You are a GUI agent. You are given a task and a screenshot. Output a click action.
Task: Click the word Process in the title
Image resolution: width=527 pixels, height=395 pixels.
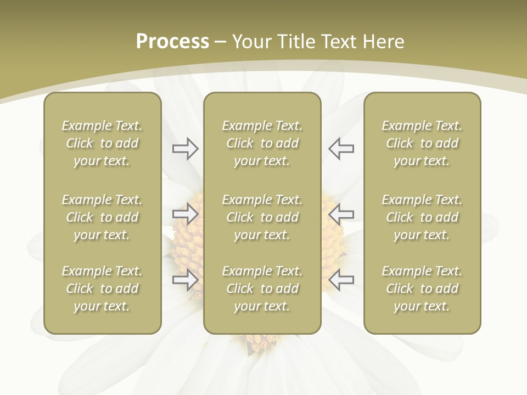172,42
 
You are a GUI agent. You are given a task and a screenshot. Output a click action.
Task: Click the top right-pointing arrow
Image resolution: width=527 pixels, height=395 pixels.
185,149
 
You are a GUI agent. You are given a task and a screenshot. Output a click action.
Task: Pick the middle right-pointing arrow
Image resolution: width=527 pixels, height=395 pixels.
185,213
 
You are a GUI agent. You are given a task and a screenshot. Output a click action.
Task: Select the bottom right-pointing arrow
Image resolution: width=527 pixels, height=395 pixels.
185,280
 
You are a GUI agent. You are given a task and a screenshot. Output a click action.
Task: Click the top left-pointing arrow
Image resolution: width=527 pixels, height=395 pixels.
341,149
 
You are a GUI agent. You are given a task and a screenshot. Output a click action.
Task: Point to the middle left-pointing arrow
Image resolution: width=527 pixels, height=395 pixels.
341,213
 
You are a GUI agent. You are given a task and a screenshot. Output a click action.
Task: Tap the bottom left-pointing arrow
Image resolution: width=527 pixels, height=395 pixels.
341,280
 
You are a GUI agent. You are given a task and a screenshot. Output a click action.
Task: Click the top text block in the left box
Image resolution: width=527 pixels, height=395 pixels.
102,143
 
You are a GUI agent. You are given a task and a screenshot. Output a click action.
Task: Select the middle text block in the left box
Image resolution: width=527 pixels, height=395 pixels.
102,217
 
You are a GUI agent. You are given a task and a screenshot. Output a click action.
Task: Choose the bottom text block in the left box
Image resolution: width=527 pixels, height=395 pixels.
102,289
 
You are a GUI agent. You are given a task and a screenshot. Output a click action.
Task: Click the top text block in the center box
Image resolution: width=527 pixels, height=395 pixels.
262,143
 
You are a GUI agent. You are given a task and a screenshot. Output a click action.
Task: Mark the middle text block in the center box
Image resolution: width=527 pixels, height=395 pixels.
262,217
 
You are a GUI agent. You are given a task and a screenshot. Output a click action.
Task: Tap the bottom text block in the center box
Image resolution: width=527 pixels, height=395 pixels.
262,289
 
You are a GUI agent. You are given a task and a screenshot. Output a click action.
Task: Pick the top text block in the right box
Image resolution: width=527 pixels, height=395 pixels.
422,143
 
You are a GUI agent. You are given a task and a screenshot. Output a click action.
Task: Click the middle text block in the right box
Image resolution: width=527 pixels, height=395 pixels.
422,217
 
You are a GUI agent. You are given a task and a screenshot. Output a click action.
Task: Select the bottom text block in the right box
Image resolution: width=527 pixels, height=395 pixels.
422,289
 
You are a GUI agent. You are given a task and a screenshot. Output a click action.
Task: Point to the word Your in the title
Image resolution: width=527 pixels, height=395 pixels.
252,42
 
